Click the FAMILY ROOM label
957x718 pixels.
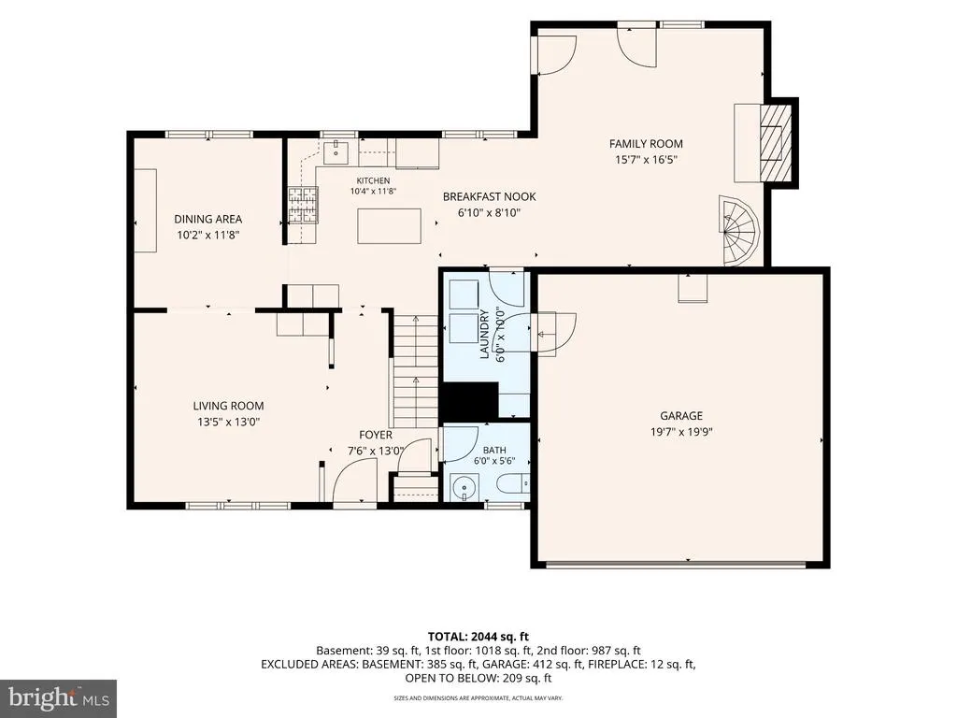(646, 143)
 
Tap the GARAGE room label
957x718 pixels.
(681, 416)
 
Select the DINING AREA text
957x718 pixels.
(208, 219)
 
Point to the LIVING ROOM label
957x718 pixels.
(228, 406)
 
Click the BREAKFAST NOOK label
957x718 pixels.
(490, 196)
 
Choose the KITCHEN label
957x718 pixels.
(373, 180)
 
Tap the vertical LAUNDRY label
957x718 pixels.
(485, 335)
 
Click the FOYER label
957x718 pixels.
(376, 435)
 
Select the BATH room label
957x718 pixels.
(494, 451)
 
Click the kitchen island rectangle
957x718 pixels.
(390, 226)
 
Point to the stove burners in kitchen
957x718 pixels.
(304, 205)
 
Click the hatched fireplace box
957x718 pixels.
(775, 142)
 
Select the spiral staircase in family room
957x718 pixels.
(739, 230)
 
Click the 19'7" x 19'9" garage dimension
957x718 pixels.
(681, 432)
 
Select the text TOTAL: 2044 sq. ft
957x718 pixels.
(478, 637)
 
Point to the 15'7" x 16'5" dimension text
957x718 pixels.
(647, 160)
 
